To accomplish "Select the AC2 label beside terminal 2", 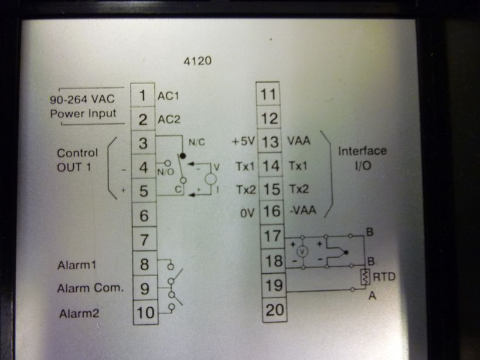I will click(169, 120).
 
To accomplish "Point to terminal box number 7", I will click(144, 240).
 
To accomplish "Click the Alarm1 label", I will click(76, 265).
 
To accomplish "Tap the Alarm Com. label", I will click(90, 288).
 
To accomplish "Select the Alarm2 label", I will click(79, 314).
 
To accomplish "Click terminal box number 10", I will click(144, 313).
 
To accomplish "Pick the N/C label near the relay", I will click(196, 141).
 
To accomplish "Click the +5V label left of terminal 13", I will click(242, 141).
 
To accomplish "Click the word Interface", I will click(362, 151).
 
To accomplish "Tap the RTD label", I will click(384, 276).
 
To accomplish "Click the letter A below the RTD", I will click(371, 296).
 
